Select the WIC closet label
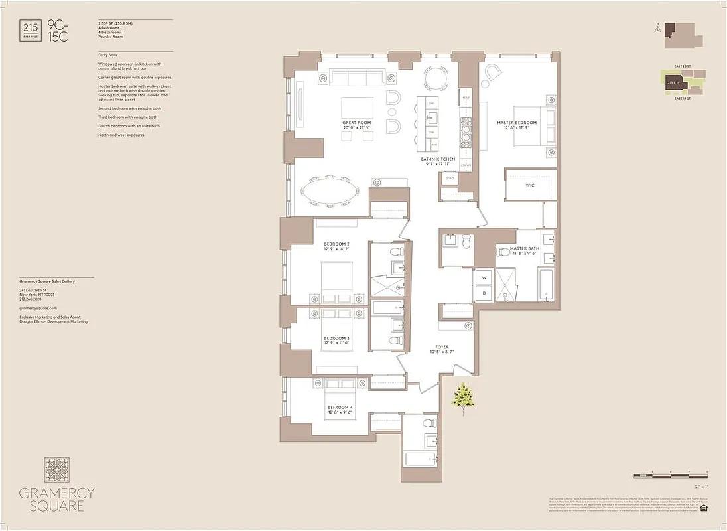coord(530,185)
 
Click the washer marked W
coord(483,277)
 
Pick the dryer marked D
coord(483,293)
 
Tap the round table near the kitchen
coord(436,80)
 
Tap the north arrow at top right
coord(656,29)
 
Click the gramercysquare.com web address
coord(38,308)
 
